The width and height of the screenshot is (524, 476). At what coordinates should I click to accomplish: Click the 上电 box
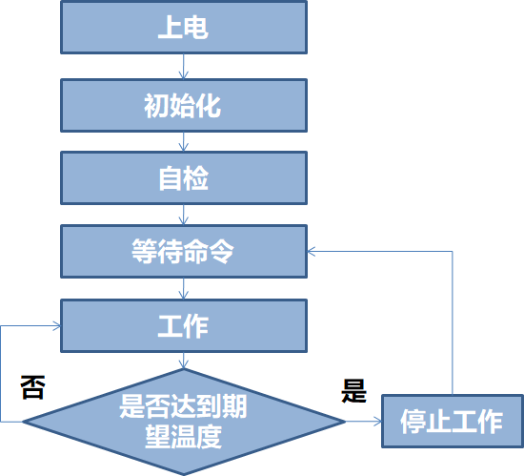tap(184, 28)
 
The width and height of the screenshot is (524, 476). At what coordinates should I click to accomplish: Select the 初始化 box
tap(184, 104)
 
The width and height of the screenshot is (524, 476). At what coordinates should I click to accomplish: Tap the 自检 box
tap(184, 178)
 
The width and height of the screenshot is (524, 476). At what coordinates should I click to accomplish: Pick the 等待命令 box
tap(184, 252)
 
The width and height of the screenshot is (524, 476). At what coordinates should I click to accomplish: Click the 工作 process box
tap(184, 326)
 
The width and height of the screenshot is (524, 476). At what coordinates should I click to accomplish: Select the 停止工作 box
tap(452, 421)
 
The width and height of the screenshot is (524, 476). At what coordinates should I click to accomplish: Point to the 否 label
tap(31, 387)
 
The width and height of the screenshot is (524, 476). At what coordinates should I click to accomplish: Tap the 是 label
tap(353, 389)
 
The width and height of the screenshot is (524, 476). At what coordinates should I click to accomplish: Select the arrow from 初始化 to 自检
tap(184, 141)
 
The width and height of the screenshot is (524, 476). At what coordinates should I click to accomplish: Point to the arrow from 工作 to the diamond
tap(184, 362)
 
